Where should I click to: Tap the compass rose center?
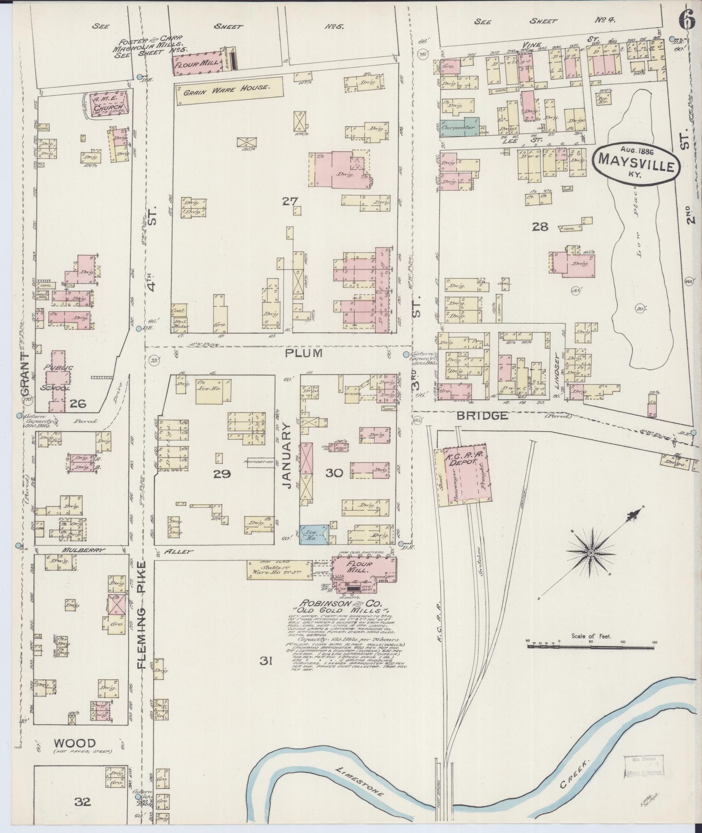coord(591,553)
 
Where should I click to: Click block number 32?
coord(82,801)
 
